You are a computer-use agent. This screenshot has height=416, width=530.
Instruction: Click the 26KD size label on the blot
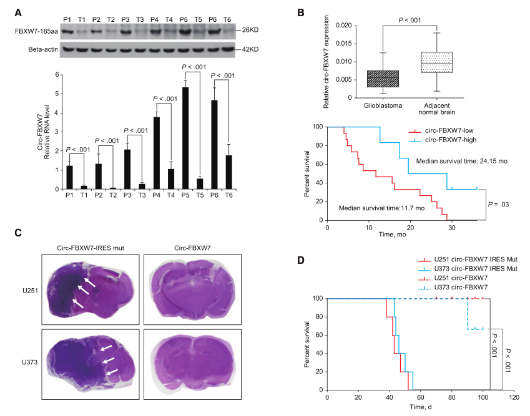click(x=248, y=29)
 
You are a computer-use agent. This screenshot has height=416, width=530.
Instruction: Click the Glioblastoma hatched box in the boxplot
click(x=383, y=79)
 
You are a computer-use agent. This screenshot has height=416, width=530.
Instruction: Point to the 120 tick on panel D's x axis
click(x=514, y=397)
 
